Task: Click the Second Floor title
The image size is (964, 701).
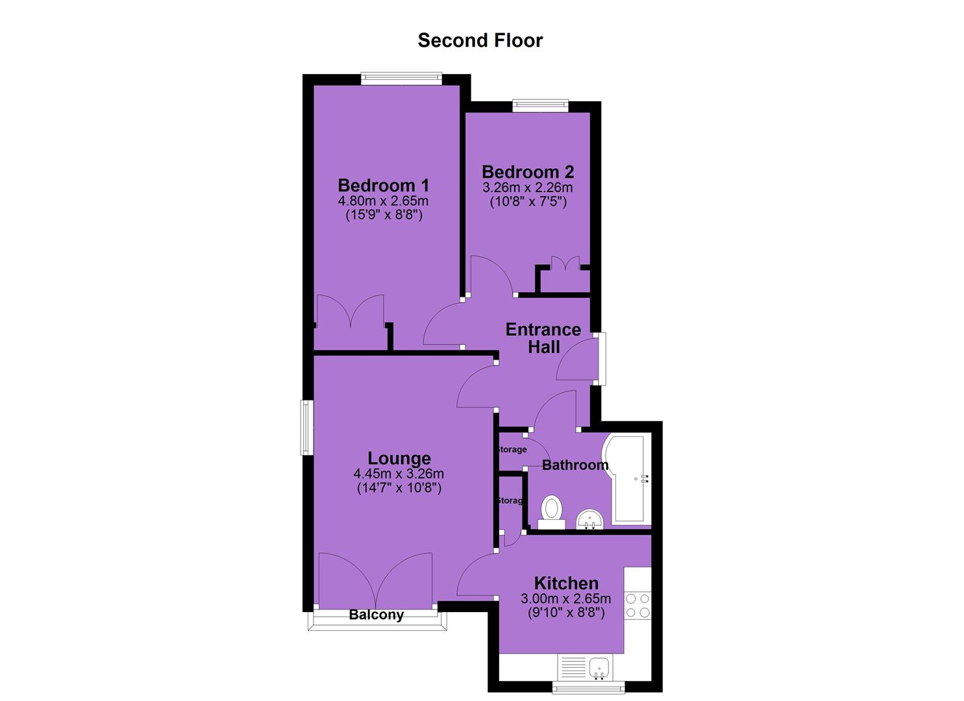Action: click(x=480, y=40)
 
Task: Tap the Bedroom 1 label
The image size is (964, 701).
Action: click(x=384, y=186)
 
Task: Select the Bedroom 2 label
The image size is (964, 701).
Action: click(x=528, y=172)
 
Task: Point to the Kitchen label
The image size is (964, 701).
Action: click(x=566, y=584)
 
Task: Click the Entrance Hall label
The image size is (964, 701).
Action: click(x=543, y=338)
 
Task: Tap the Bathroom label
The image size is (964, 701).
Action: click(x=575, y=465)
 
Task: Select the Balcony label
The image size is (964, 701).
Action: click(x=377, y=615)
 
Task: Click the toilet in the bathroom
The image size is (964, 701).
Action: click(x=551, y=513)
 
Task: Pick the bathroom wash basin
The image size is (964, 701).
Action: click(x=590, y=519)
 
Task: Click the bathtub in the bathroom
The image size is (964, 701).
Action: click(x=628, y=480)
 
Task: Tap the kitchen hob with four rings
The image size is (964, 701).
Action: click(x=637, y=606)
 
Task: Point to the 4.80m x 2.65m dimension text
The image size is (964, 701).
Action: click(x=383, y=201)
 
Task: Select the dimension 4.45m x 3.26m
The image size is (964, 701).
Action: click(x=399, y=474)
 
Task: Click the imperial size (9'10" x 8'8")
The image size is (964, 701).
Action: click(x=566, y=612)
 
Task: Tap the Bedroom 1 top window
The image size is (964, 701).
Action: click(x=402, y=78)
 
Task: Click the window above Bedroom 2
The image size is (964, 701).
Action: click(x=541, y=105)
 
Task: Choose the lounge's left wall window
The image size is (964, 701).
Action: click(x=307, y=427)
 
